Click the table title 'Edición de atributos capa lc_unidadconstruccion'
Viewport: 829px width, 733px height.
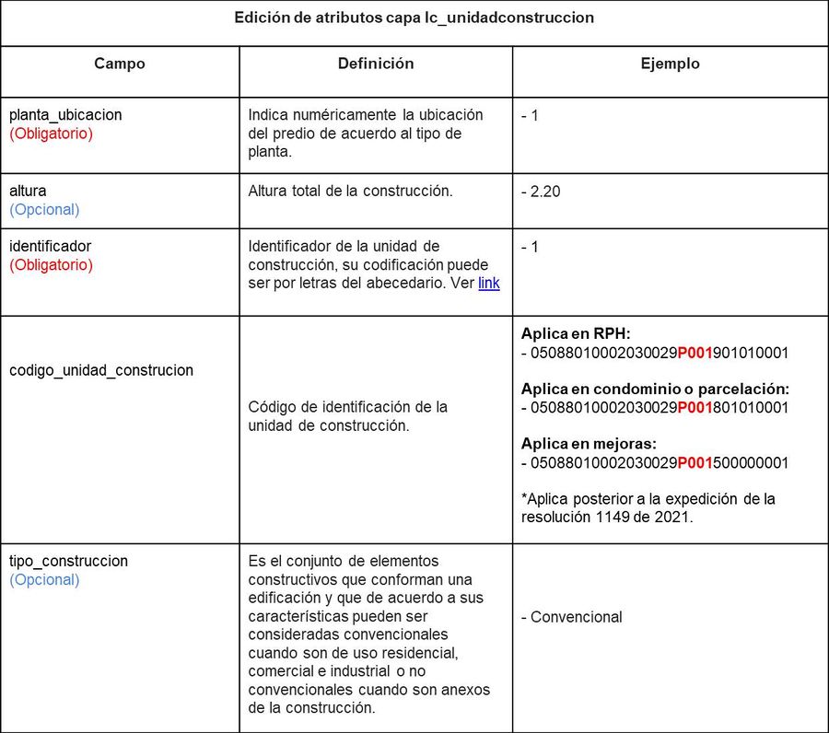[x=414, y=17]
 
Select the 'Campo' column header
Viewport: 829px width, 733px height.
[x=120, y=64]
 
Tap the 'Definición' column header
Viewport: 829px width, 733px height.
[x=376, y=64]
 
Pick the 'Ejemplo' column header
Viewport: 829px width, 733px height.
[x=670, y=64]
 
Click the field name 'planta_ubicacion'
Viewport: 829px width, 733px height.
[x=65, y=115]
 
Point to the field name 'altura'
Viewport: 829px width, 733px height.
[x=28, y=192]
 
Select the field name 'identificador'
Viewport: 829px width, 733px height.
[x=50, y=247]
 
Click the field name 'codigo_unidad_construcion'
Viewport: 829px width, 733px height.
[x=101, y=370]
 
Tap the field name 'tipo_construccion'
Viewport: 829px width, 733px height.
[x=68, y=561]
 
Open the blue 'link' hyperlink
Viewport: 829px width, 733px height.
[x=488, y=284]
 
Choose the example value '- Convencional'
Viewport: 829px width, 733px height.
[x=577, y=617]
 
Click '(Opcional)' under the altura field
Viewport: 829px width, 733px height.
[x=44, y=210]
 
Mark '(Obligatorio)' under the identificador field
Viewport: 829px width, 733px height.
[x=51, y=265]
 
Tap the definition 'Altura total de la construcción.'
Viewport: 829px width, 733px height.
[x=350, y=192]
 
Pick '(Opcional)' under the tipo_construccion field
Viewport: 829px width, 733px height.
[x=44, y=579]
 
